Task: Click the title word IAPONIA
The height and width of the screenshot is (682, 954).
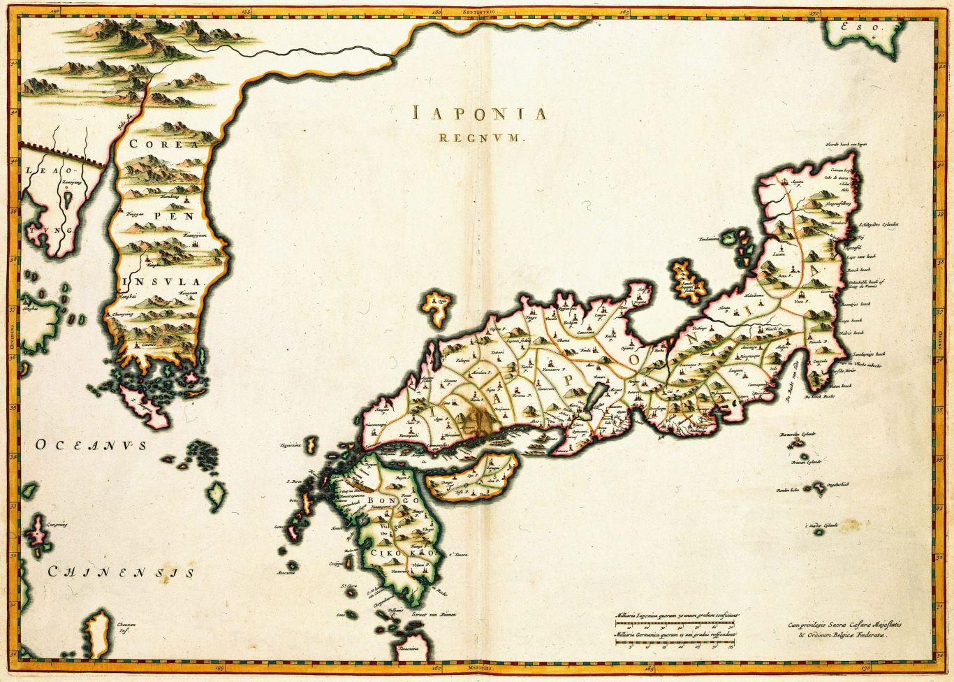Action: [478, 114]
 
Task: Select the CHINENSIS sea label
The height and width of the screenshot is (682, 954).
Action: [120, 573]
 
